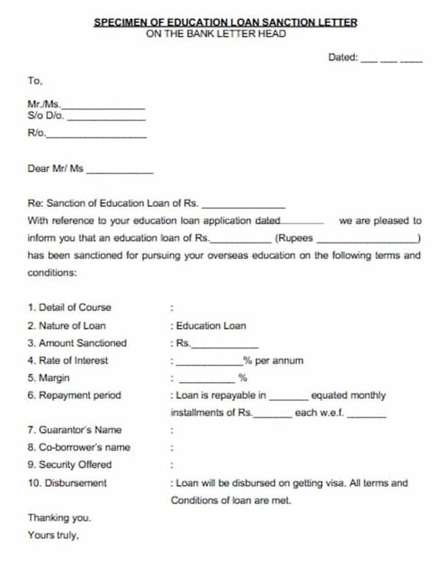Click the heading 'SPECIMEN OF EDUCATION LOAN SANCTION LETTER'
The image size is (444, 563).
pos(225,22)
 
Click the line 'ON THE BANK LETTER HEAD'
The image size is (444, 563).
pos(216,33)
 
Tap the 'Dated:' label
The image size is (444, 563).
pos(343,58)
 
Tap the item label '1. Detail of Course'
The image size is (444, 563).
pos(69,307)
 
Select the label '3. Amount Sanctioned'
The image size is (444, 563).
pos(77,343)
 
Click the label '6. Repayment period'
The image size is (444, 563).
pos(74,395)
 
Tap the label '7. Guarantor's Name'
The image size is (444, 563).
pos(74,430)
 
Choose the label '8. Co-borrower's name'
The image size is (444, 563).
pos(78,447)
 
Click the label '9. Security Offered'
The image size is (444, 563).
pos(69,465)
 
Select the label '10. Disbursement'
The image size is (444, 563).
pos(67,483)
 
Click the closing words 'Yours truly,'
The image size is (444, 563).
pos(53,535)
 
